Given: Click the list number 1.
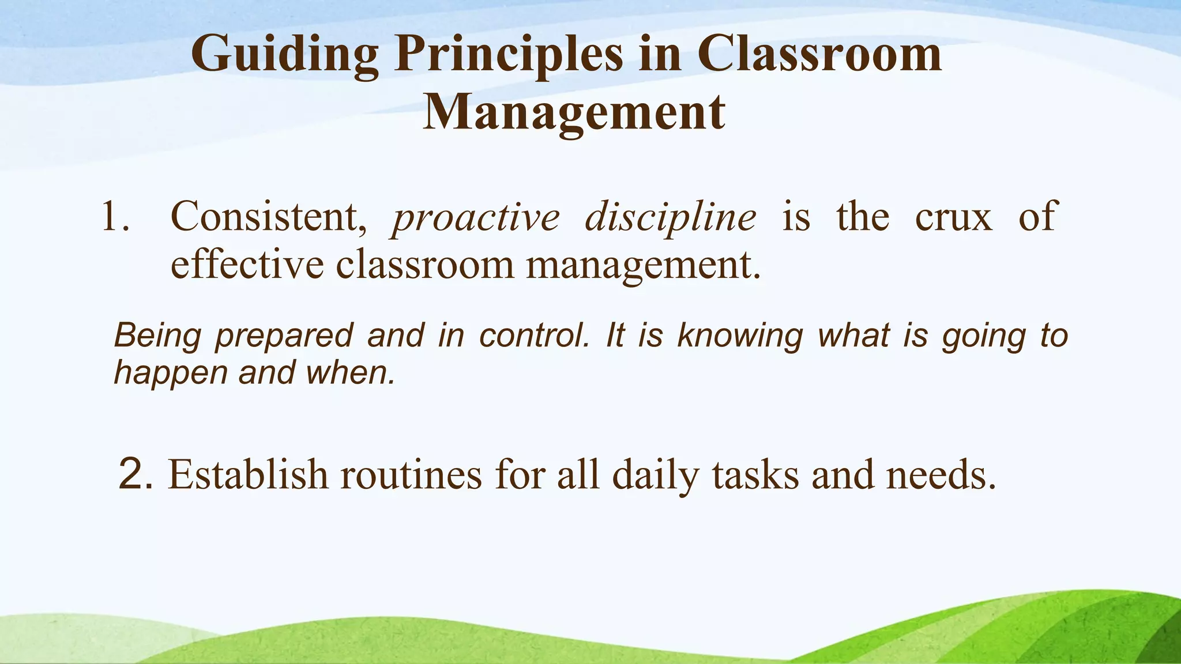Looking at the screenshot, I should coord(114,218).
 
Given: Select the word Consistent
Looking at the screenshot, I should coord(269,218).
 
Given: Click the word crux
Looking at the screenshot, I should coord(954,218).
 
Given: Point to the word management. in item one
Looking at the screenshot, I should coord(644,266).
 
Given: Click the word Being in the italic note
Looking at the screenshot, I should coord(157,337).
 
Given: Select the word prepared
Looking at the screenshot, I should coord(284,337).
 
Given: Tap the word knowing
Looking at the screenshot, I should coord(740,337).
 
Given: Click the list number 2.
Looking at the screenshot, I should coord(135,474).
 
